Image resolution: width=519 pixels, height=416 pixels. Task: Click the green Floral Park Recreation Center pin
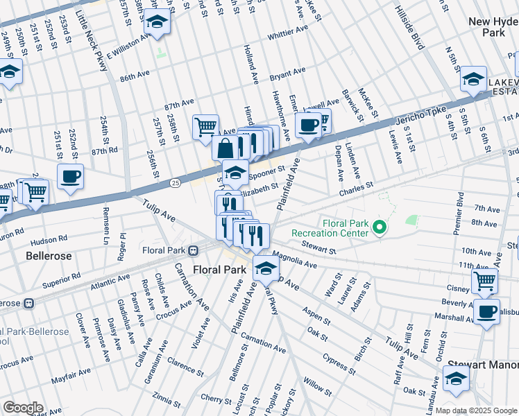coord(380,227)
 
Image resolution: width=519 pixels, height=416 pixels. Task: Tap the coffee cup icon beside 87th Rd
coord(70,177)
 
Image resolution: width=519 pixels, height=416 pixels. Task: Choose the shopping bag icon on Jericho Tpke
coord(227,148)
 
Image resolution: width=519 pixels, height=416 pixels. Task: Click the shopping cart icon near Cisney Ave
coord(485,281)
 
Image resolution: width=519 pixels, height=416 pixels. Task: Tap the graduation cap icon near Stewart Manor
coord(456,379)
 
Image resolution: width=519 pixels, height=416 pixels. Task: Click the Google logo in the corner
coord(23,408)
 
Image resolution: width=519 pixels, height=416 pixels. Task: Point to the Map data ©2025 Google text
coord(476,410)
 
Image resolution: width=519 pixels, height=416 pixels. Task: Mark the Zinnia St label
coord(170,399)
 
